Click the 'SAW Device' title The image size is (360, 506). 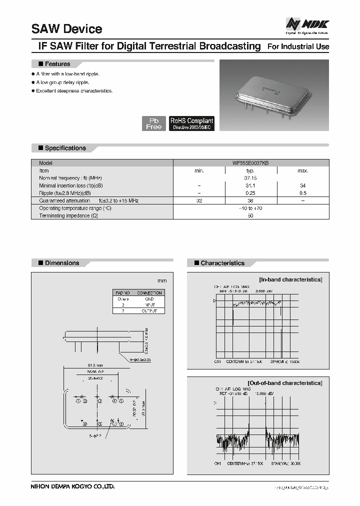(x=66, y=29)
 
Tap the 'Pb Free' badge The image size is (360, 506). (x=153, y=123)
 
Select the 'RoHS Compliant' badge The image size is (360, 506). (x=191, y=123)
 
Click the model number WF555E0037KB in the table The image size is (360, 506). (x=250, y=163)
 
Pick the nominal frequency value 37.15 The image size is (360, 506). (x=250, y=178)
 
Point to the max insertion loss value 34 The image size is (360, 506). (x=303, y=185)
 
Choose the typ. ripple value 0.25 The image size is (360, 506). (x=250, y=193)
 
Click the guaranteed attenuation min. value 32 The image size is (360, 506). (x=199, y=200)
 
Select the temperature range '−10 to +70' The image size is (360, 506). (x=250, y=208)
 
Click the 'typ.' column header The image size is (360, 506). (x=250, y=170)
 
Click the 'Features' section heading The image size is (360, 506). (x=57, y=64)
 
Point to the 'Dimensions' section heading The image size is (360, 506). (x=62, y=263)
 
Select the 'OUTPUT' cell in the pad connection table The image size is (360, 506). (x=149, y=310)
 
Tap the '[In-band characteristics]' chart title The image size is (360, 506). (x=290, y=279)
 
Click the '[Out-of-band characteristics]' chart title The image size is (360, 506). (x=285, y=383)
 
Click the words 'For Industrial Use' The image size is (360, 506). (x=298, y=47)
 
